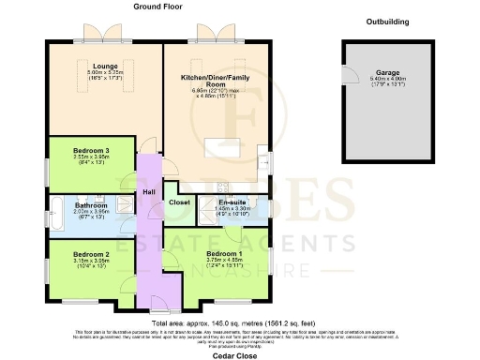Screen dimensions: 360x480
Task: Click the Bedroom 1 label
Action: pos(225,254)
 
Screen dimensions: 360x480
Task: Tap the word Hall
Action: pos(148,192)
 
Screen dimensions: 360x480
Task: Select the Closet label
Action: pos(179,202)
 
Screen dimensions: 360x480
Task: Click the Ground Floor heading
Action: pos(157,7)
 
